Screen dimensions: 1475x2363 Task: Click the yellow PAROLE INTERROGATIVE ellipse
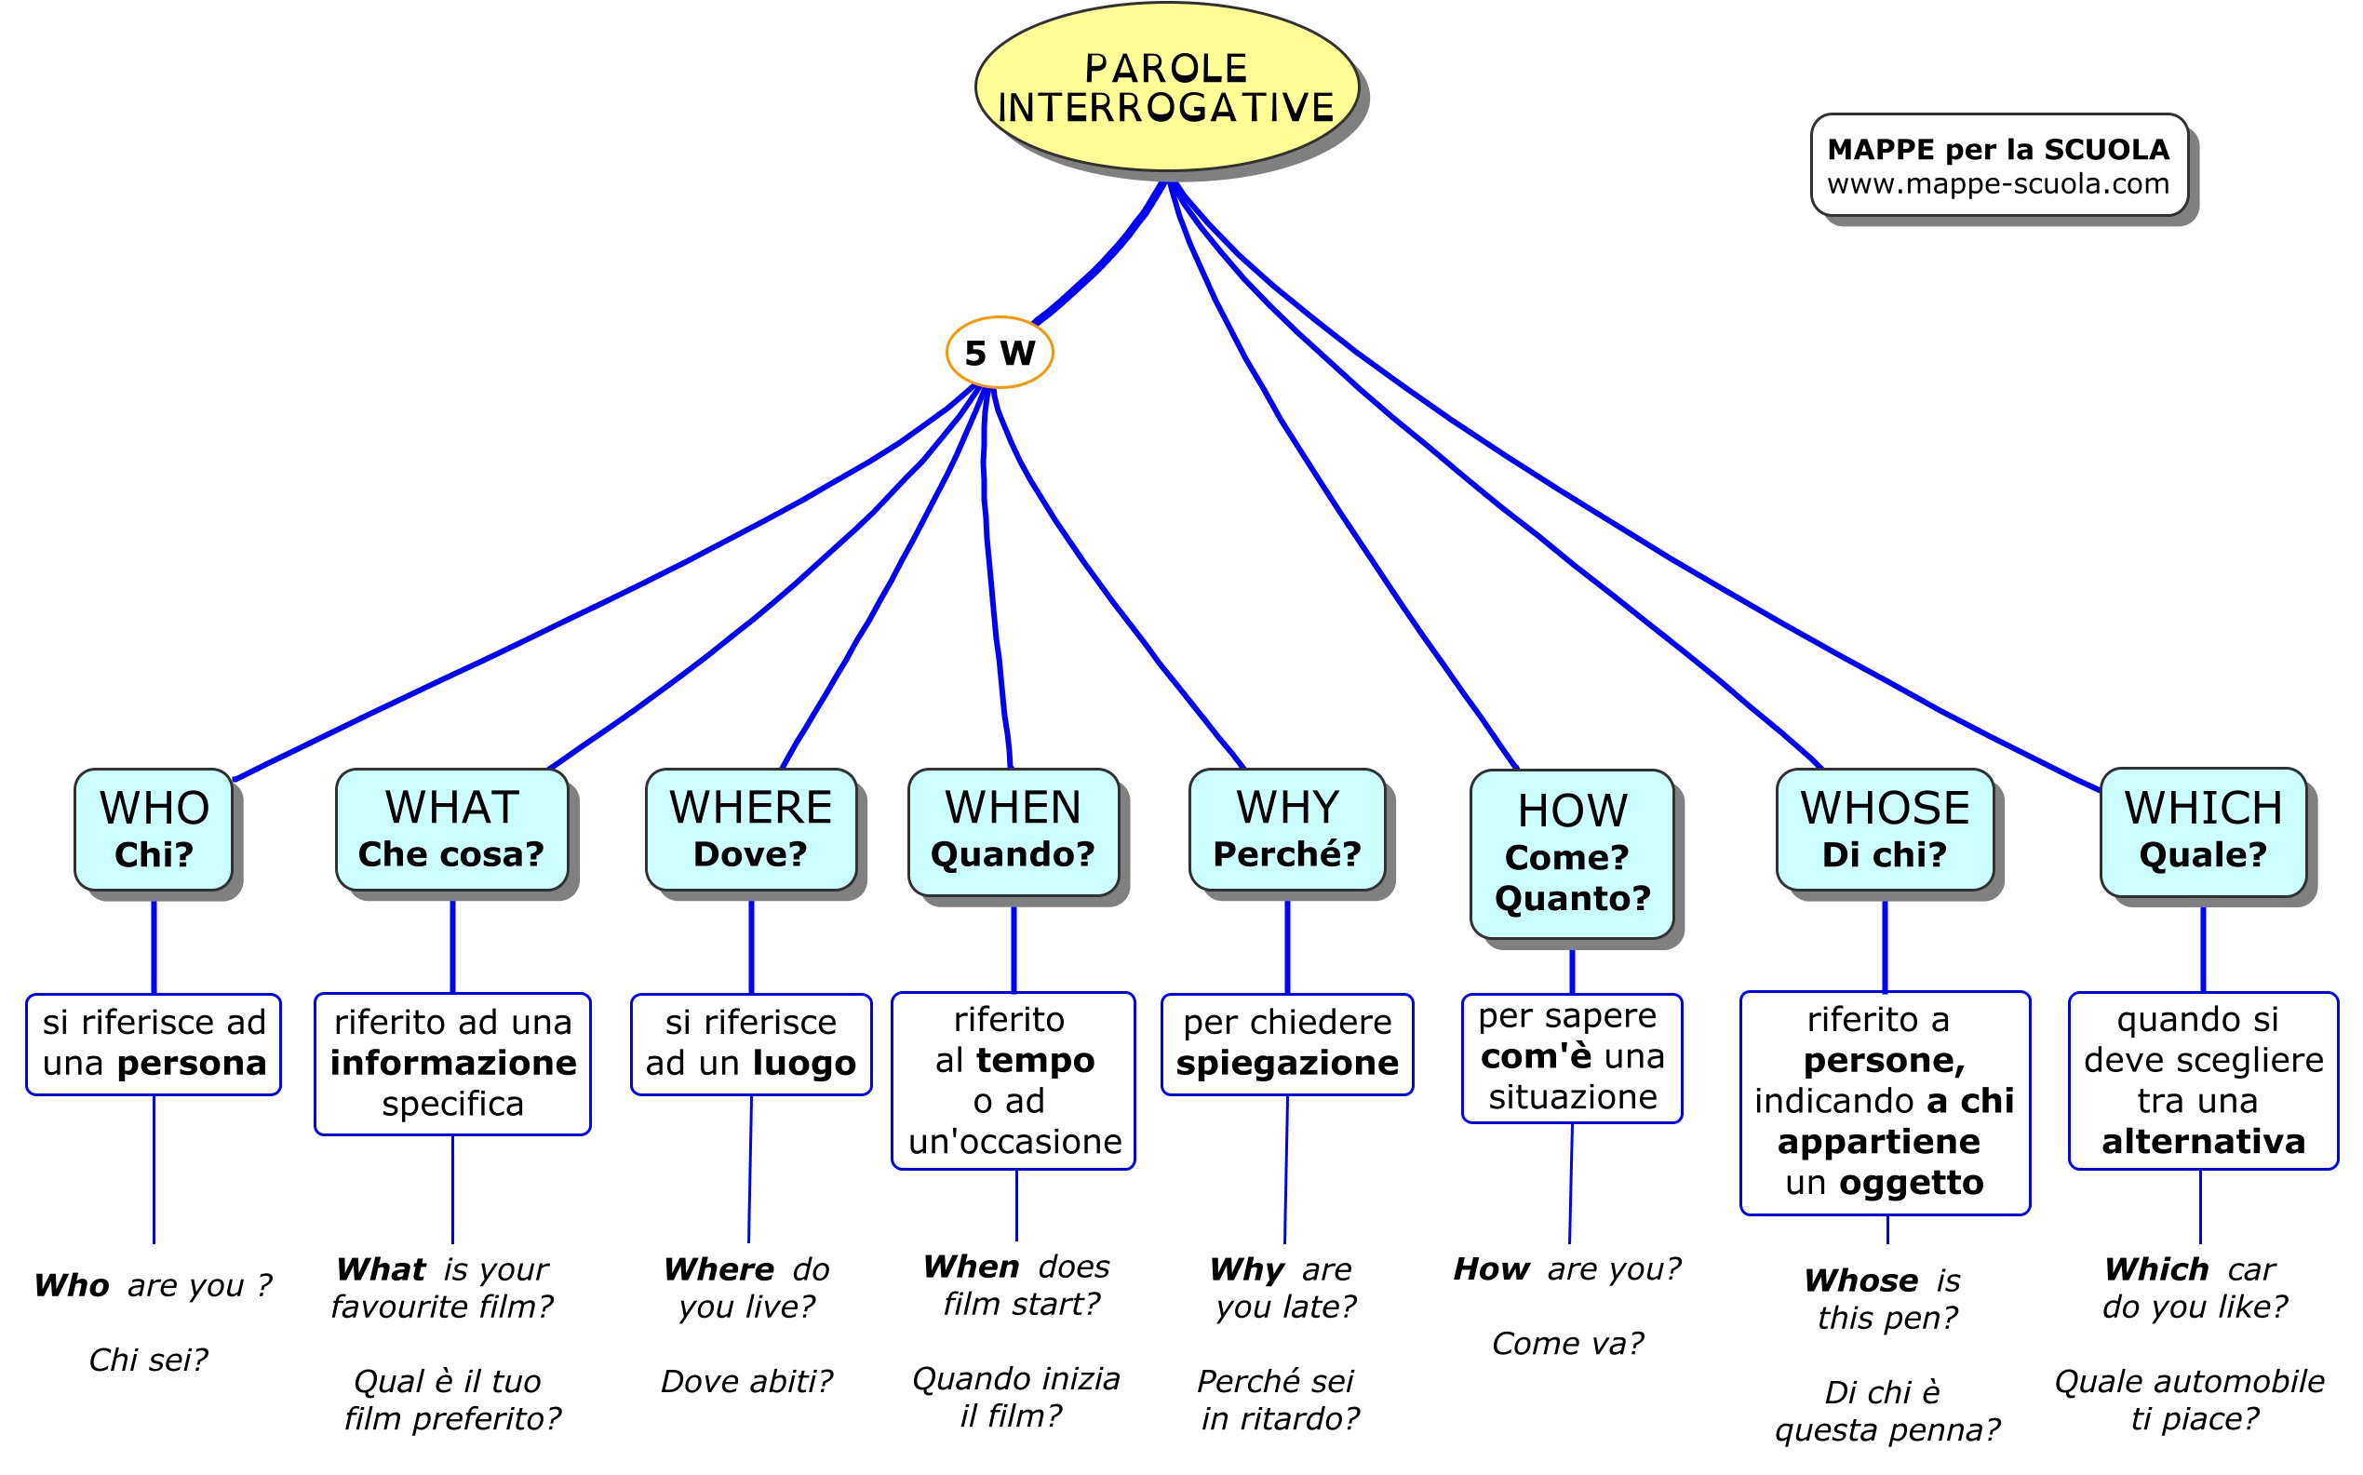click(1166, 87)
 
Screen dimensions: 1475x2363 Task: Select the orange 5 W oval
click(999, 352)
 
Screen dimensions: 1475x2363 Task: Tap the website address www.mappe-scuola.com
click(1997, 183)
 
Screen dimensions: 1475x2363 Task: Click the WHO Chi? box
click(154, 829)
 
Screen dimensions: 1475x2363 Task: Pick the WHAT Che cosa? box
click(451, 829)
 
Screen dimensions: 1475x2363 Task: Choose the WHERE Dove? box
click(750, 829)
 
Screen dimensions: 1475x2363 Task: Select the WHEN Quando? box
click(1013, 832)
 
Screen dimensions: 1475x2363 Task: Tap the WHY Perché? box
click(1287, 829)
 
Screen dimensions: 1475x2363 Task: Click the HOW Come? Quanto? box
click(1572, 854)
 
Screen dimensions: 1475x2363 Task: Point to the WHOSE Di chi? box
click(1884, 829)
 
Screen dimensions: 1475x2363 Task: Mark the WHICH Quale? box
click(2203, 832)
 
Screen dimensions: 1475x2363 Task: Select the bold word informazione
click(452, 1063)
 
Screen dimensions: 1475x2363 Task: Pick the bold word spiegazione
click(1287, 1063)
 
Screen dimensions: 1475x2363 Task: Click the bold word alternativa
click(2203, 1141)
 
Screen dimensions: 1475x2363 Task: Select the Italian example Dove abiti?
click(746, 1381)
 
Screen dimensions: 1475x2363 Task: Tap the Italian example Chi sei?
click(148, 1360)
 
